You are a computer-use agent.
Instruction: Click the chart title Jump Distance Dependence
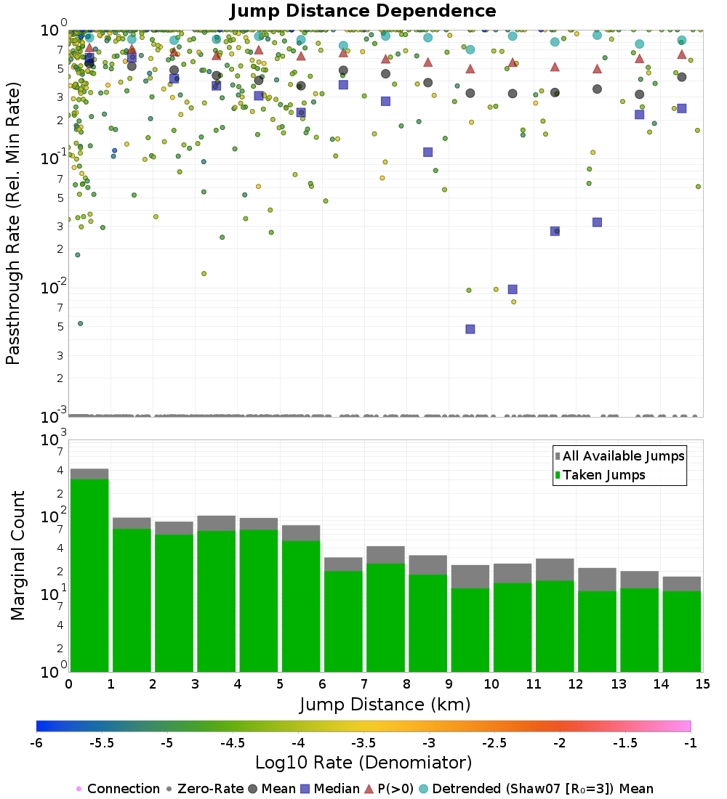[363, 11]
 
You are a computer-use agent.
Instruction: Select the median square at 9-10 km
[470, 329]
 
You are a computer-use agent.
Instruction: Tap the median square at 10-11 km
[513, 289]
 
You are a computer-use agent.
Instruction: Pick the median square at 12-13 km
[597, 222]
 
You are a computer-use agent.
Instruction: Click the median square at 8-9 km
[428, 152]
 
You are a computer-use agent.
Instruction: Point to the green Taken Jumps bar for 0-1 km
[89, 574]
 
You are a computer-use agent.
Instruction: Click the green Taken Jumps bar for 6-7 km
[343, 620]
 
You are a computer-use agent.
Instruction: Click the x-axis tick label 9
[449, 684]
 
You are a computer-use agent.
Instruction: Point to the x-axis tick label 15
[702, 684]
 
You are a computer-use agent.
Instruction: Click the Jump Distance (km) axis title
[385, 704]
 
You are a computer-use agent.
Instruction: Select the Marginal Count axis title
[17, 556]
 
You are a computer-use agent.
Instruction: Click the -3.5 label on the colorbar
[363, 743]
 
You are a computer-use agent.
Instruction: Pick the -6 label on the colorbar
[36, 743]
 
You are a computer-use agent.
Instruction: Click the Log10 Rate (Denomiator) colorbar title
[363, 763]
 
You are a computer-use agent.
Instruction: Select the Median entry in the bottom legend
[331, 789]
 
